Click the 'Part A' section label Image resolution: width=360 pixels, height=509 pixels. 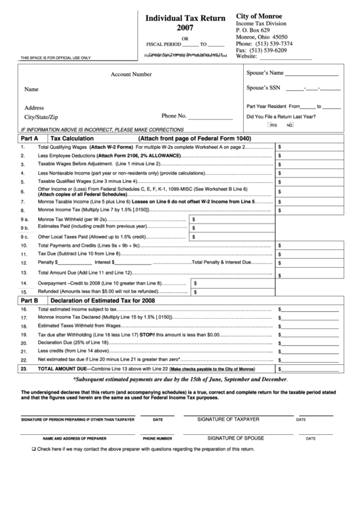29,138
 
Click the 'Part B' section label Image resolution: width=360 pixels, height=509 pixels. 29,299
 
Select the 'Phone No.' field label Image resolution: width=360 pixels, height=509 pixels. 175,116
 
